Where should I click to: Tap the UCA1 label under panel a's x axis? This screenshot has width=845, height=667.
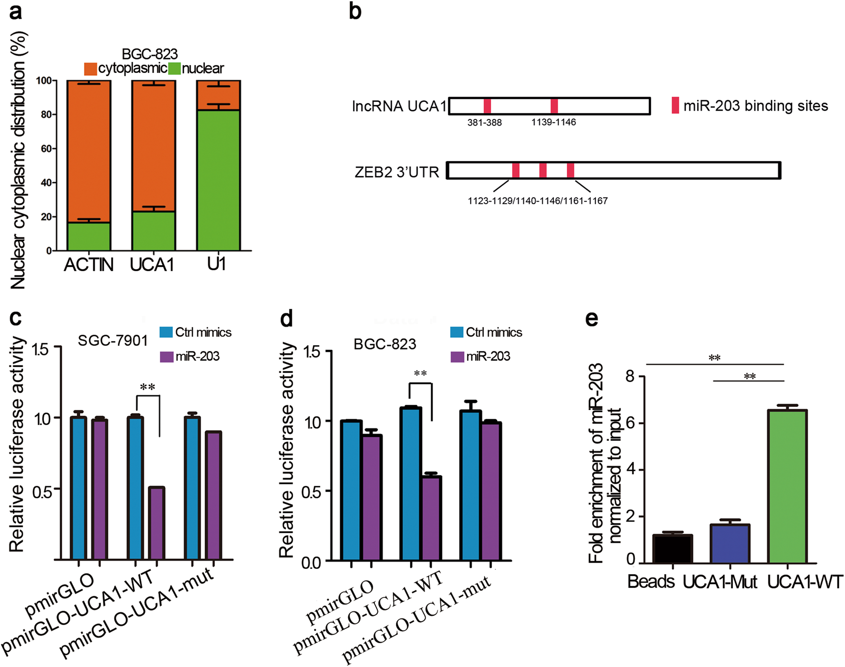point(152,265)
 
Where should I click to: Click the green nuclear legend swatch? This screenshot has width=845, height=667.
point(174,69)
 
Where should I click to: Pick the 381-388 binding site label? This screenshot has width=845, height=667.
point(484,123)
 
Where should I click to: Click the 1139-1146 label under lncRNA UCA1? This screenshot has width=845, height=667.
point(553,122)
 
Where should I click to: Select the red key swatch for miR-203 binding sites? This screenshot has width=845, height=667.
point(675,105)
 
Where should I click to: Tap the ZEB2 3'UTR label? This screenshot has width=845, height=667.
point(397,172)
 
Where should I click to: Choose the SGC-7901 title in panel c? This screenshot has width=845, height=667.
point(113,341)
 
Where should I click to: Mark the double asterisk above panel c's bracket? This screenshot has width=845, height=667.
point(147,388)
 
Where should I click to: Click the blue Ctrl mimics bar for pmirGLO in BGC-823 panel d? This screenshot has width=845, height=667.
point(351,491)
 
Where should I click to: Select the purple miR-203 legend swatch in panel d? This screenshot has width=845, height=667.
point(456,357)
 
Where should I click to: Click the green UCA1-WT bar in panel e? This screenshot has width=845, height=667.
point(787,486)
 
